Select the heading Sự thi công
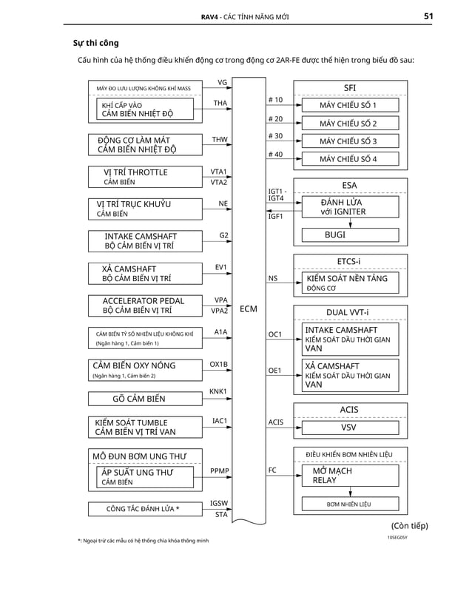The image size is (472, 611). click(96, 43)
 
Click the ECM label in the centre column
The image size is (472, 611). click(249, 308)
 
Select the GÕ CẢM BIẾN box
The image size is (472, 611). click(138, 399)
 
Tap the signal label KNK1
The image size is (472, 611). click(218, 391)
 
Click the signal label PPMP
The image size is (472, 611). click(219, 470)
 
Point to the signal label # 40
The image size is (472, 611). click(274, 154)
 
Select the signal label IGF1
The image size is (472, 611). click(275, 216)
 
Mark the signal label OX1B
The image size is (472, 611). click(218, 364)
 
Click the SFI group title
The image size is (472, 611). click(349, 87)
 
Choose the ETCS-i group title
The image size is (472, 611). click(349, 260)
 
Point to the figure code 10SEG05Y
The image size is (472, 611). click(397, 538)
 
